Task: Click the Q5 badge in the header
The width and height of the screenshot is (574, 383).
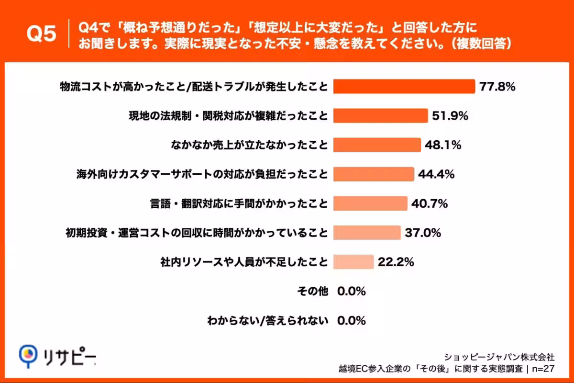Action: pyautogui.click(x=41, y=34)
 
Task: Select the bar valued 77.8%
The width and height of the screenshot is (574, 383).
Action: pyautogui.click(x=404, y=87)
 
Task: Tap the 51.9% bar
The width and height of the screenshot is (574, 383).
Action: pyautogui.click(x=380, y=116)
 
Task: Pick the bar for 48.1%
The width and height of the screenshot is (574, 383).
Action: pyautogui.click(x=377, y=145)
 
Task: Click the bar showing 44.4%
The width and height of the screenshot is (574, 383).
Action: pyautogui.click(x=373, y=174)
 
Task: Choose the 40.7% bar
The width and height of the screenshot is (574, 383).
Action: pyautogui.click(x=370, y=203)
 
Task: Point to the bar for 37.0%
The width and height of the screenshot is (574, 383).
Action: pyautogui.click(x=367, y=233)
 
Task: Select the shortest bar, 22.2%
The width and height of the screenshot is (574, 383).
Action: pyautogui.click(x=353, y=262)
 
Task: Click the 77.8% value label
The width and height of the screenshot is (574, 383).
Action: pyautogui.click(x=497, y=87)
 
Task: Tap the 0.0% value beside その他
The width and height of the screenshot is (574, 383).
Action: pyautogui.click(x=352, y=291)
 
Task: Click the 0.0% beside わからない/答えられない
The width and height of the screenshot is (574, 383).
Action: pyautogui.click(x=352, y=320)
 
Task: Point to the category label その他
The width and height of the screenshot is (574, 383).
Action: pyautogui.click(x=313, y=291)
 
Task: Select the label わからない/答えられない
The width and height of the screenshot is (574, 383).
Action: pyautogui.click(x=267, y=320)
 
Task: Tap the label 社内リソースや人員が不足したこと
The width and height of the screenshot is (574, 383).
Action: pyautogui.click(x=244, y=262)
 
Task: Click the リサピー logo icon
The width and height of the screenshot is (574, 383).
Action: pyautogui.click(x=28, y=355)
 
